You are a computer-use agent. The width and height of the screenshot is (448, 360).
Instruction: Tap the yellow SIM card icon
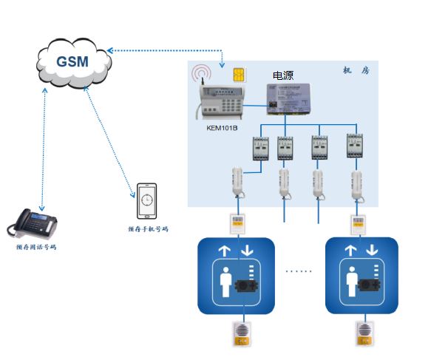click(x=239, y=75)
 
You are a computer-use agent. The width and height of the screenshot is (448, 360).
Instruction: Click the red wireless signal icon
click(x=202, y=75)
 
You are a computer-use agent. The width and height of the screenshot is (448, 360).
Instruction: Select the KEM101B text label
click(x=222, y=128)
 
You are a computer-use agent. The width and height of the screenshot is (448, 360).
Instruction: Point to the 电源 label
click(x=283, y=75)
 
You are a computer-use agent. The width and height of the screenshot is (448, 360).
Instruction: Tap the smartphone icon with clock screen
click(x=146, y=200)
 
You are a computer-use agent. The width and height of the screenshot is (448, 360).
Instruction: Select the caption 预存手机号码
click(x=147, y=229)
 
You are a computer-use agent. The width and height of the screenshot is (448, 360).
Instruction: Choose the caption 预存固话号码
click(x=36, y=247)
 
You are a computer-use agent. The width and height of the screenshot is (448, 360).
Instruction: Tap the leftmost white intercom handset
click(x=238, y=183)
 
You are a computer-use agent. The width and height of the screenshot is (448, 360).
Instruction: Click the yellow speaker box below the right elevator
click(x=364, y=333)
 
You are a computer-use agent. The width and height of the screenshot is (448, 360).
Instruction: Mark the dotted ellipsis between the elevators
click(x=299, y=271)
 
